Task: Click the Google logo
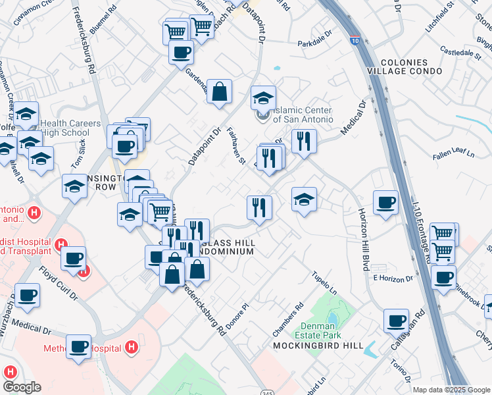pyautogui.click(x=22, y=386)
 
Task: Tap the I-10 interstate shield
pyautogui.click(x=355, y=41)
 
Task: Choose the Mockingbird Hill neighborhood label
pyautogui.click(x=308, y=346)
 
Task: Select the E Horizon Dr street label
pyautogui.click(x=392, y=278)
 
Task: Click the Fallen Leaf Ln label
pyautogui.click(x=454, y=155)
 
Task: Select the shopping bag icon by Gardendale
pyautogui.click(x=219, y=92)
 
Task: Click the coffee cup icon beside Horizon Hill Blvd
pyautogui.click(x=385, y=201)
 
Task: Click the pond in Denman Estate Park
pyautogui.click(x=332, y=320)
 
